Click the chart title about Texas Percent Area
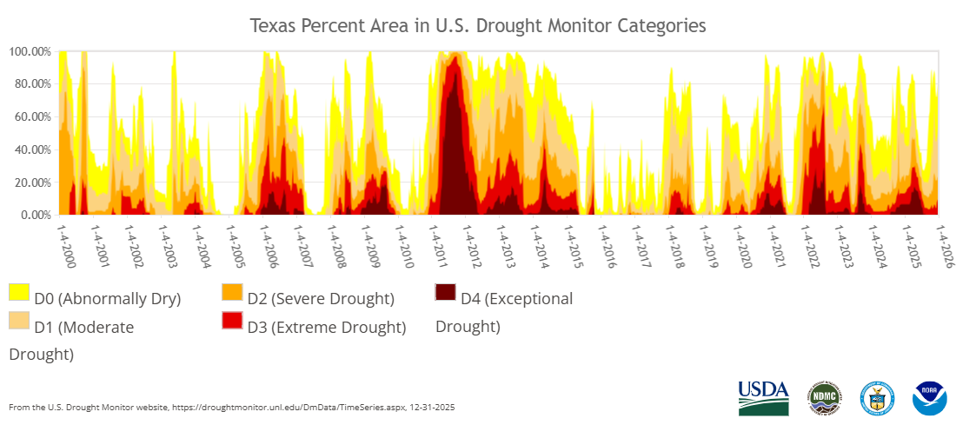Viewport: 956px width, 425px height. pos(478,25)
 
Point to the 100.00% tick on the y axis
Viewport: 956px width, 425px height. pos(30,51)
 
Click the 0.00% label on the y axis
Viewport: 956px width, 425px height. pos(35,215)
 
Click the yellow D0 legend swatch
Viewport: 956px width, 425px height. pos(19,293)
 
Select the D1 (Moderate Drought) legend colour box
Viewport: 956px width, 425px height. pos(19,321)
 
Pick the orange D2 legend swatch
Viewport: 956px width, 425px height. pos(232,293)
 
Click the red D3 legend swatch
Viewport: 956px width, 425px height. pos(232,321)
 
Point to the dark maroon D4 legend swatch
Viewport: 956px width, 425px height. pos(445,293)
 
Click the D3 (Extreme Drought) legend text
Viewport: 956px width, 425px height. pos(327,327)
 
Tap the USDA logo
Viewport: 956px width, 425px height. pos(763,398)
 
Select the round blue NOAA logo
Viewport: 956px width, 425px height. pos(929,398)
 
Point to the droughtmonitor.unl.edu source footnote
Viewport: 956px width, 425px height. pos(232,407)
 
